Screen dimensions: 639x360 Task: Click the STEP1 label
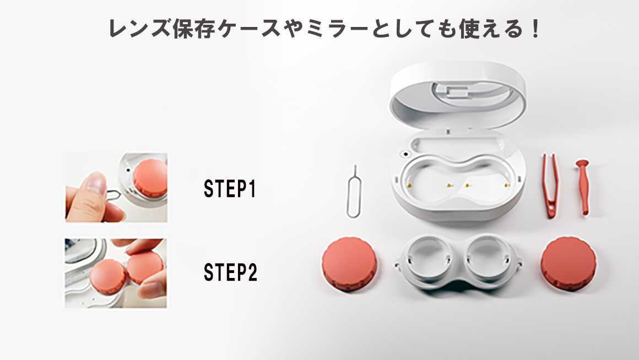pos(230,189)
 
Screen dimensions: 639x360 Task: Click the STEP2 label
pos(230,272)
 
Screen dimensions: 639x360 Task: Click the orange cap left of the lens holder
pos(349,264)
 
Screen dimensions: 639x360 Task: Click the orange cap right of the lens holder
pos(568,264)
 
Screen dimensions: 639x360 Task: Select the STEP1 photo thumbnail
pos(116,188)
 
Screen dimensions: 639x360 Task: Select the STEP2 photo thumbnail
pos(116,273)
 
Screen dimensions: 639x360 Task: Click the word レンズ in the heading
pos(139,29)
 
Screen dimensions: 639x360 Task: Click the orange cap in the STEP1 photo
pos(150,178)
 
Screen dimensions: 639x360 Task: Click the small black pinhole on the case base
pos(406,154)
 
